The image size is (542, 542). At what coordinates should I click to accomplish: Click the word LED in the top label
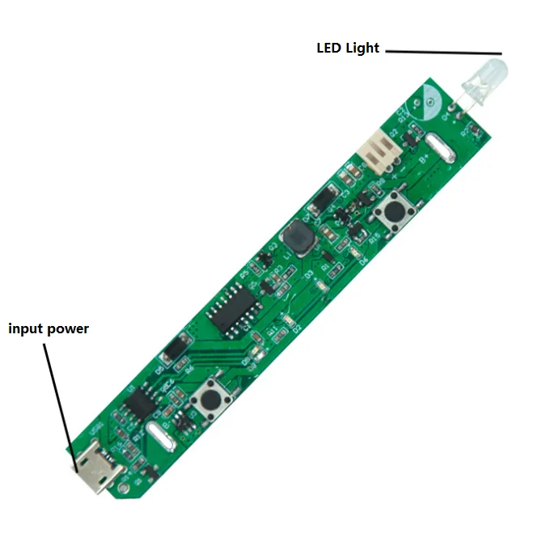(328, 49)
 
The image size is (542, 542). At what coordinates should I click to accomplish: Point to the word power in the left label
(70, 330)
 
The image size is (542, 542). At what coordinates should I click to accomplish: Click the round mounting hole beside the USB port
(123, 489)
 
